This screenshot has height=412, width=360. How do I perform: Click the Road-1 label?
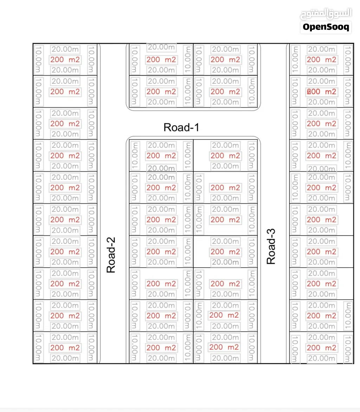[181, 127]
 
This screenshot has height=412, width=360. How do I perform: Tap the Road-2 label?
[111, 255]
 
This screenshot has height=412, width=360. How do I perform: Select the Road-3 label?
[271, 247]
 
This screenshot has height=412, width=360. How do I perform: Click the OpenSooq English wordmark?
[326, 27]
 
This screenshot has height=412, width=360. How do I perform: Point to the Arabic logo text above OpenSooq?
[326, 14]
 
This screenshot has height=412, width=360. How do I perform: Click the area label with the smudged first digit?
[321, 92]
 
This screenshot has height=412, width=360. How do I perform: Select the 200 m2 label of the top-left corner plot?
[65, 60]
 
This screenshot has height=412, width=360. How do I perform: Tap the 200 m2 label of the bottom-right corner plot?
[321, 348]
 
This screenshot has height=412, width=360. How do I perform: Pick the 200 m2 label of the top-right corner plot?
[321, 60]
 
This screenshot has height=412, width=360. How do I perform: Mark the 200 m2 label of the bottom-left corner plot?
[65, 348]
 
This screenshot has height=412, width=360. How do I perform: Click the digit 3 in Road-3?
[271, 232]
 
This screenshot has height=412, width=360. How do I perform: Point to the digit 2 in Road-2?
[111, 240]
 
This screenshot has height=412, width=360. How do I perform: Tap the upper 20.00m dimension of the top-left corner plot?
[65, 49]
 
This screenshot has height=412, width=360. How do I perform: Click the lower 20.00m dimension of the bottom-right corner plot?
[321, 358]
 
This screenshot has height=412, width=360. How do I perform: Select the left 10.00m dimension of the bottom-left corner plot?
[38, 348]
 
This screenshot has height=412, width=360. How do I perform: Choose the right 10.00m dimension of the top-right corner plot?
[348, 60]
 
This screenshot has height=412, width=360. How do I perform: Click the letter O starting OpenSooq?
[306, 27]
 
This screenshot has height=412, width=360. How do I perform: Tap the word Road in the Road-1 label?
[175, 127]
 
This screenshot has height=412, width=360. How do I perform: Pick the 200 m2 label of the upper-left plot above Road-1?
[161, 60]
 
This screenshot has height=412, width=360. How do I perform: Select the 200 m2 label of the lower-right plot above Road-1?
[225, 92]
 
